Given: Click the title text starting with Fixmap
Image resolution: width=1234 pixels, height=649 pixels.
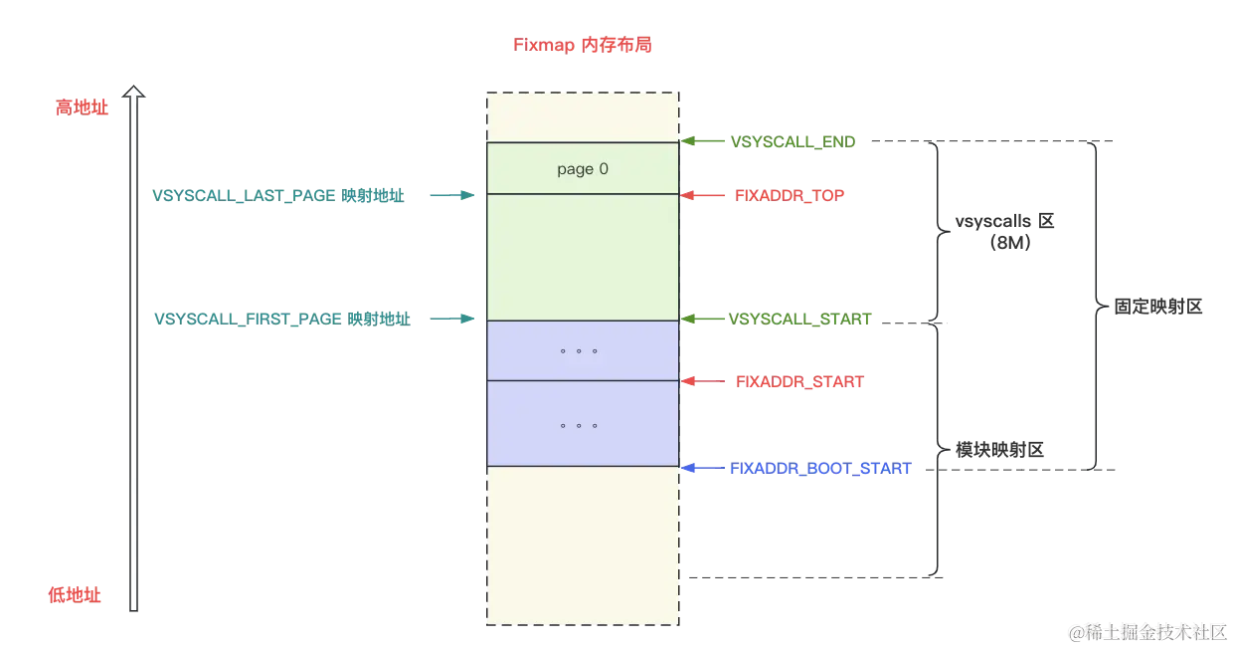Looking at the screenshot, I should click(x=582, y=46).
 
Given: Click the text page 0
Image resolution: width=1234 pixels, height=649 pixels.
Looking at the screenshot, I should click(x=583, y=169).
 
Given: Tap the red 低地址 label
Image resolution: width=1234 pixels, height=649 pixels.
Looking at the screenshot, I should click(x=76, y=595).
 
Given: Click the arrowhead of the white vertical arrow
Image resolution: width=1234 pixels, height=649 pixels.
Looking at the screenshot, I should click(x=134, y=94).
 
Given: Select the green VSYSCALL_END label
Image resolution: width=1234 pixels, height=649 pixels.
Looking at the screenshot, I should click(x=793, y=142).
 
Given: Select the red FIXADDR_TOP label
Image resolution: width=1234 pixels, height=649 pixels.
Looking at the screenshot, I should click(x=790, y=196).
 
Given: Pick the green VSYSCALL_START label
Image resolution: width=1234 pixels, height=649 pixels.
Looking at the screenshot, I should click(x=801, y=320).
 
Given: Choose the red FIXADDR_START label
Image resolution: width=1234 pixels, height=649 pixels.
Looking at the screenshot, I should click(x=798, y=381).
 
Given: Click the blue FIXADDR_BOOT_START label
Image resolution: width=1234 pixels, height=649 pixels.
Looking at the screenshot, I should click(x=820, y=468).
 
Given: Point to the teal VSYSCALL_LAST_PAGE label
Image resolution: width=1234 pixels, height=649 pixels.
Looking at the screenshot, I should click(x=277, y=196).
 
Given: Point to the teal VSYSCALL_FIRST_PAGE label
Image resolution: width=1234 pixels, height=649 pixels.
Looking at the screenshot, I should click(x=280, y=320).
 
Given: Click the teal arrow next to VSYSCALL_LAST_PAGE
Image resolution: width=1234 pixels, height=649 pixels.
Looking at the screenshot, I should click(x=449, y=196).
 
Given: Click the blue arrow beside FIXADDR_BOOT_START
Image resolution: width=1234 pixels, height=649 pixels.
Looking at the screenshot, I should click(x=701, y=468).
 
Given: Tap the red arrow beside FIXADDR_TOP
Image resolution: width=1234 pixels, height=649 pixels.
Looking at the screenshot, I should click(x=701, y=196).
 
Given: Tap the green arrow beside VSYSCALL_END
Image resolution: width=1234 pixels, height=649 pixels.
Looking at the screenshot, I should click(x=701, y=142).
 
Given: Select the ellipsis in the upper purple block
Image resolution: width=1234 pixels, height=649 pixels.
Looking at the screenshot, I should click(x=579, y=351).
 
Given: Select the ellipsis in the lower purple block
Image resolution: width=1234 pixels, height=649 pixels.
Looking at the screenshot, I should click(x=579, y=425).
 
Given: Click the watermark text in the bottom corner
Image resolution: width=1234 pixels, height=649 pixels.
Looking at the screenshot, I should click(x=1147, y=631).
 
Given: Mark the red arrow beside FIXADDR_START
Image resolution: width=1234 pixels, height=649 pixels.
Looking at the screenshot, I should click(x=701, y=381).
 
